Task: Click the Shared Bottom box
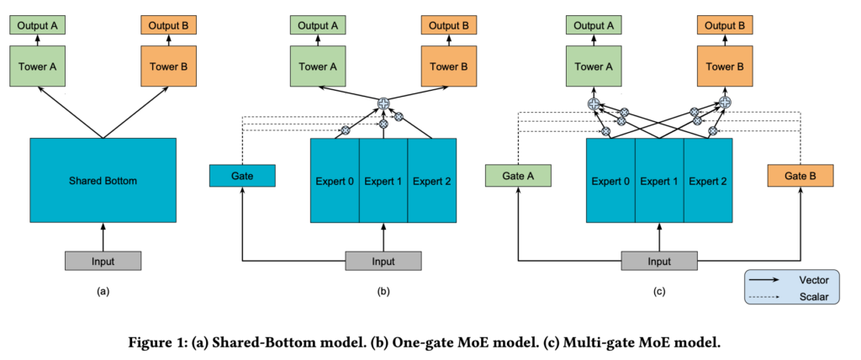[103, 180]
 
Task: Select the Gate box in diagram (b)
[242, 176]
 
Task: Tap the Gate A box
[518, 176]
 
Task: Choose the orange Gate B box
[800, 176]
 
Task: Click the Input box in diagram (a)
[103, 261]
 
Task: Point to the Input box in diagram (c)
[659, 261]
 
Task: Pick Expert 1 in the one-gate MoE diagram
[383, 180]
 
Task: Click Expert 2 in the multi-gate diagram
[708, 180]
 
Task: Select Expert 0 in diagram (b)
[335, 180]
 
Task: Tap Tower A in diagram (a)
[38, 66]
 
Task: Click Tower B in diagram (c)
[725, 66]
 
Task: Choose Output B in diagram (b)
[449, 25]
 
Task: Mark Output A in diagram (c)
[594, 25]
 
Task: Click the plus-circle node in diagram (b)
[383, 103]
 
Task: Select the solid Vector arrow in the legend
[765, 280]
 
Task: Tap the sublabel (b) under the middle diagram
[383, 292]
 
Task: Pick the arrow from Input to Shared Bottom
[103, 237]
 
